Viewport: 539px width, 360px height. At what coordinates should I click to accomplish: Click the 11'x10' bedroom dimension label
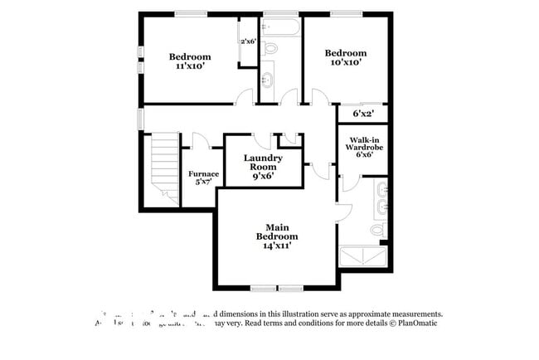(191, 67)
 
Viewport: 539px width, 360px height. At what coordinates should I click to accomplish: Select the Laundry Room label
(263, 162)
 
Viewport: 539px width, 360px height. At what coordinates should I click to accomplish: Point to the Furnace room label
(207, 174)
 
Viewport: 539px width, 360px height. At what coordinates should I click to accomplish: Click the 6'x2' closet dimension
(363, 114)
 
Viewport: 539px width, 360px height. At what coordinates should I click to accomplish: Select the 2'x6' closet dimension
(248, 41)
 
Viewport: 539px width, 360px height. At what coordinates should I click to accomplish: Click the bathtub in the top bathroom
(281, 29)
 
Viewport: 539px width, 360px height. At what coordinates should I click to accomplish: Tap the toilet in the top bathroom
(270, 50)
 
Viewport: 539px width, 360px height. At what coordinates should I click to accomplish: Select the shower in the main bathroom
(363, 257)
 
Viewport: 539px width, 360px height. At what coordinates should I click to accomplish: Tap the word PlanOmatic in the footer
(415, 324)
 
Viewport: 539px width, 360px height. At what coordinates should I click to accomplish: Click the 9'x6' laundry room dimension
(263, 176)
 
